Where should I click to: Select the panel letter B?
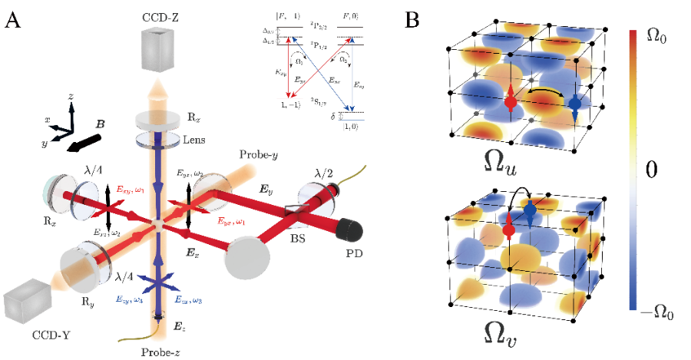[x=412, y=20]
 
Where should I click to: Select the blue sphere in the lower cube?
[x=530, y=212]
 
